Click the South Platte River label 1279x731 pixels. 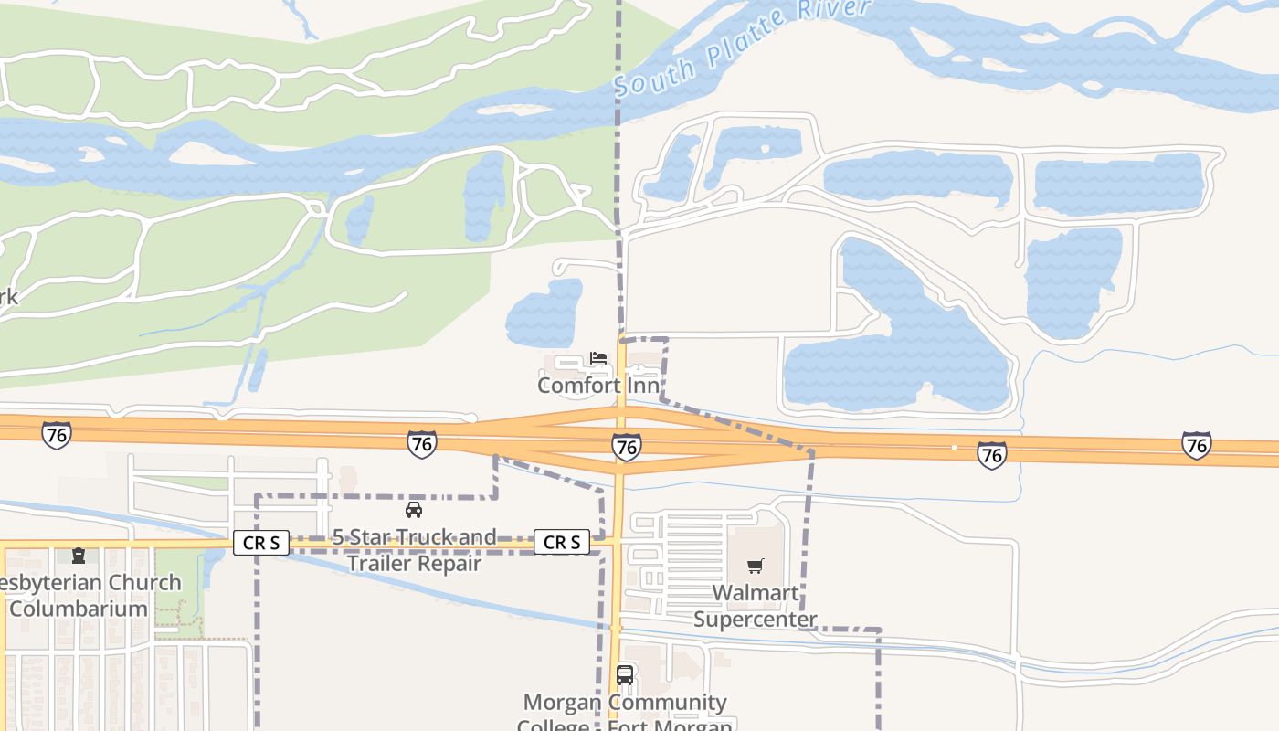[x=742, y=46]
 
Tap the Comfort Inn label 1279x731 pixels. [x=598, y=385]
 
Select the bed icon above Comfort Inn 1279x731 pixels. [x=598, y=357]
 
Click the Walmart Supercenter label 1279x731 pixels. [x=755, y=606]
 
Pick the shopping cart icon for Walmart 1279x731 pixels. [x=755, y=567]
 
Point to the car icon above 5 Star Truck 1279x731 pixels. [x=414, y=510]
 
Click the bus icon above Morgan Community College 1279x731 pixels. [x=625, y=675]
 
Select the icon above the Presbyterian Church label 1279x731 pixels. [x=79, y=556]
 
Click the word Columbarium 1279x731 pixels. [x=79, y=609]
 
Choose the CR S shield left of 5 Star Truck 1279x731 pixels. [x=262, y=543]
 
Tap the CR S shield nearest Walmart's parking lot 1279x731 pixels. [x=561, y=542]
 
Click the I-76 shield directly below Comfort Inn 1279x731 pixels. [x=626, y=447]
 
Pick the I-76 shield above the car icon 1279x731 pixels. [x=421, y=444]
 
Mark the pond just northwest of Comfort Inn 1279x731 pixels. [x=544, y=313]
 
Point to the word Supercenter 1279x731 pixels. [x=755, y=619]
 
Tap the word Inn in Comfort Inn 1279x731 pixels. [x=643, y=385]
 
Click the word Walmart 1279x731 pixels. [x=755, y=593]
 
